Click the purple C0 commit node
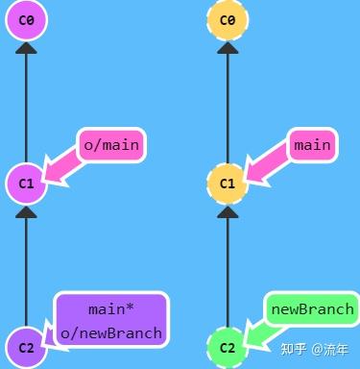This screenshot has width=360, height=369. [x=26, y=19]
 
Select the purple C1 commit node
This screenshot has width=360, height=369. [x=26, y=183]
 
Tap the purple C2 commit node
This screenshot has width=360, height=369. [x=26, y=347]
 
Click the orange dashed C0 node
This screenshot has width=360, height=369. [x=228, y=19]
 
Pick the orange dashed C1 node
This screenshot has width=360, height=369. [x=228, y=183]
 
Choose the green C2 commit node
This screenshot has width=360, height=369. [x=228, y=347]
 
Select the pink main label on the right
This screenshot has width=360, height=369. [x=312, y=145]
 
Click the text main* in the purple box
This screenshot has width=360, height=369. [x=111, y=309]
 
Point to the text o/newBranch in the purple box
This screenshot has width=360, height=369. [x=111, y=333]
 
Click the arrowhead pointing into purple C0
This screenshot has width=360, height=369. [x=26, y=47]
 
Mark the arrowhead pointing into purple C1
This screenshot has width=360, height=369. [x=26, y=210]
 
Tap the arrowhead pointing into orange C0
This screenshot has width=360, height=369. [x=228, y=47]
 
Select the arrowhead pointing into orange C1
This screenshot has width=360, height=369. [x=228, y=210]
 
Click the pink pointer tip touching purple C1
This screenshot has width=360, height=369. [x=47, y=177]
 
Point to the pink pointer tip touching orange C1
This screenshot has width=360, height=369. [x=249, y=177]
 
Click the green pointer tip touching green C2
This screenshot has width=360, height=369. [x=249, y=340]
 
